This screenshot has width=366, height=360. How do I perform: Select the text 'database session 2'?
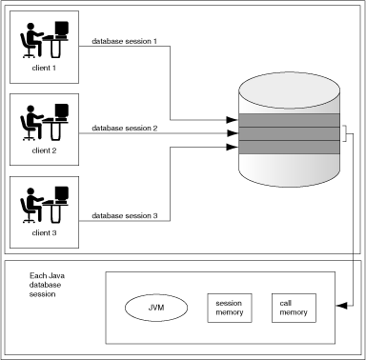click(125, 128)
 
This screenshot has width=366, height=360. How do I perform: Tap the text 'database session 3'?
click(125, 216)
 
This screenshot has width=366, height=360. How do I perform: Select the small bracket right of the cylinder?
click(345, 133)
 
